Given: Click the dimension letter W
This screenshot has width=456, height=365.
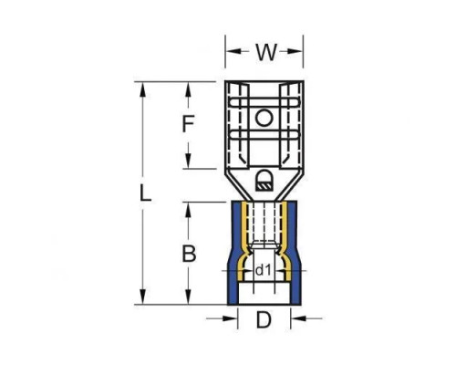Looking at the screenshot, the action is coord(266,52).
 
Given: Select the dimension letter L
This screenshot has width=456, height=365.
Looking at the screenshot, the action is coord(145,193).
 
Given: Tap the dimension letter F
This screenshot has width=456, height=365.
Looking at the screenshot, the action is coord(188,124).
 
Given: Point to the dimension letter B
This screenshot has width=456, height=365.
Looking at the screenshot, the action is coord(189,254).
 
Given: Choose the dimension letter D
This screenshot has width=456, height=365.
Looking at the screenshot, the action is coord(264,319).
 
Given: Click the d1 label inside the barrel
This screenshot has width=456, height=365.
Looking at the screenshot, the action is coord(263,270).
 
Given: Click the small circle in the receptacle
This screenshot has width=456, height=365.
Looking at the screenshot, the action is coord(264,119).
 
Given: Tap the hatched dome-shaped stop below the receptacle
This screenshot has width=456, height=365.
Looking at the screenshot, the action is coord(264,181).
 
